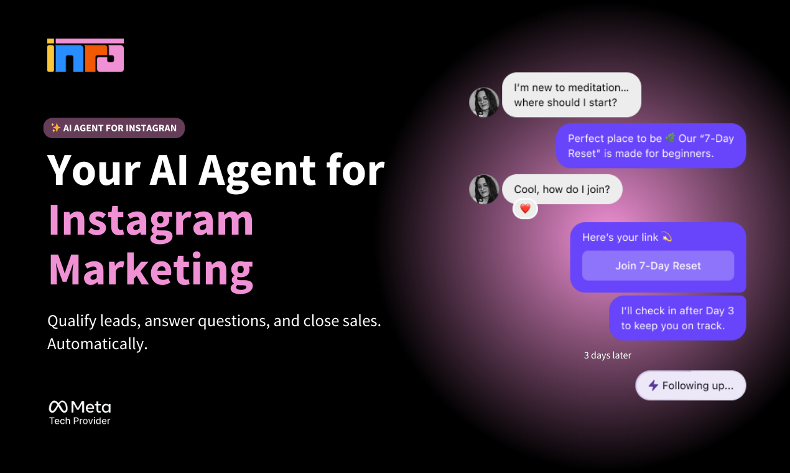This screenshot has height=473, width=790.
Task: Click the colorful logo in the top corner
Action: click(x=85, y=55)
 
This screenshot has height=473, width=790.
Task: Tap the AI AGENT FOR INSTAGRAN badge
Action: click(x=114, y=128)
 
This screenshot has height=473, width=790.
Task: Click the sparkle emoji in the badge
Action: click(x=55, y=128)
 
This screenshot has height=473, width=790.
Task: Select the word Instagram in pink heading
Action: click(x=151, y=220)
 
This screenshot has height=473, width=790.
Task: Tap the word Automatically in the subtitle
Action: click(x=97, y=344)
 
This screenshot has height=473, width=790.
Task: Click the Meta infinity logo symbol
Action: click(x=58, y=407)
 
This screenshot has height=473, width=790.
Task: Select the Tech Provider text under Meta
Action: click(x=80, y=421)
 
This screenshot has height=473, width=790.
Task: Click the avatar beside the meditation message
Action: click(x=484, y=102)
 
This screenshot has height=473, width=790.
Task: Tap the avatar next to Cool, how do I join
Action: click(x=484, y=189)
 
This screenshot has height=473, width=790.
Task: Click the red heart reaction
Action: click(x=525, y=209)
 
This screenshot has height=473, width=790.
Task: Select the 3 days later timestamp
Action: click(x=607, y=355)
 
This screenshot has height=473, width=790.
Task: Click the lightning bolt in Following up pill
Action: click(x=653, y=386)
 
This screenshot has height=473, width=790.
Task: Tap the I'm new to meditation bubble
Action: click(x=571, y=95)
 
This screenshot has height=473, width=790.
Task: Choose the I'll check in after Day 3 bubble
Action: click(x=677, y=318)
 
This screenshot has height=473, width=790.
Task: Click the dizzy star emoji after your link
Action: click(x=666, y=237)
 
